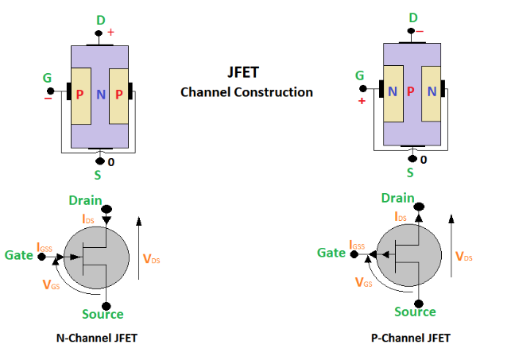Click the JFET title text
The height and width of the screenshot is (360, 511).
[246, 71]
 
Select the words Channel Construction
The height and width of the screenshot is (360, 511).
[246, 92]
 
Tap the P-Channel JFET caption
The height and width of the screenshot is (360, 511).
[411, 338]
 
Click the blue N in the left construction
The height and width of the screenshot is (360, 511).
[101, 95]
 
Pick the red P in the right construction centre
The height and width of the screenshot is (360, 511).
[410, 91]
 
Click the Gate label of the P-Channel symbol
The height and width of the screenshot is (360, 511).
[331, 253]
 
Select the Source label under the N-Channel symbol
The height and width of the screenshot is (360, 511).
[103, 315]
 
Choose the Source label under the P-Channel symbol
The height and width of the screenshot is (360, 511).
[415, 312]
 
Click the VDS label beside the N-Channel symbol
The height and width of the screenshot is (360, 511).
[152, 258]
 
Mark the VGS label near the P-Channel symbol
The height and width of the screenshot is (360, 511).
[364, 281]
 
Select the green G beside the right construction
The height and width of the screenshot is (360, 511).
[360, 76]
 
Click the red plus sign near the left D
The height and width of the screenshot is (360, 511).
[110, 33]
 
